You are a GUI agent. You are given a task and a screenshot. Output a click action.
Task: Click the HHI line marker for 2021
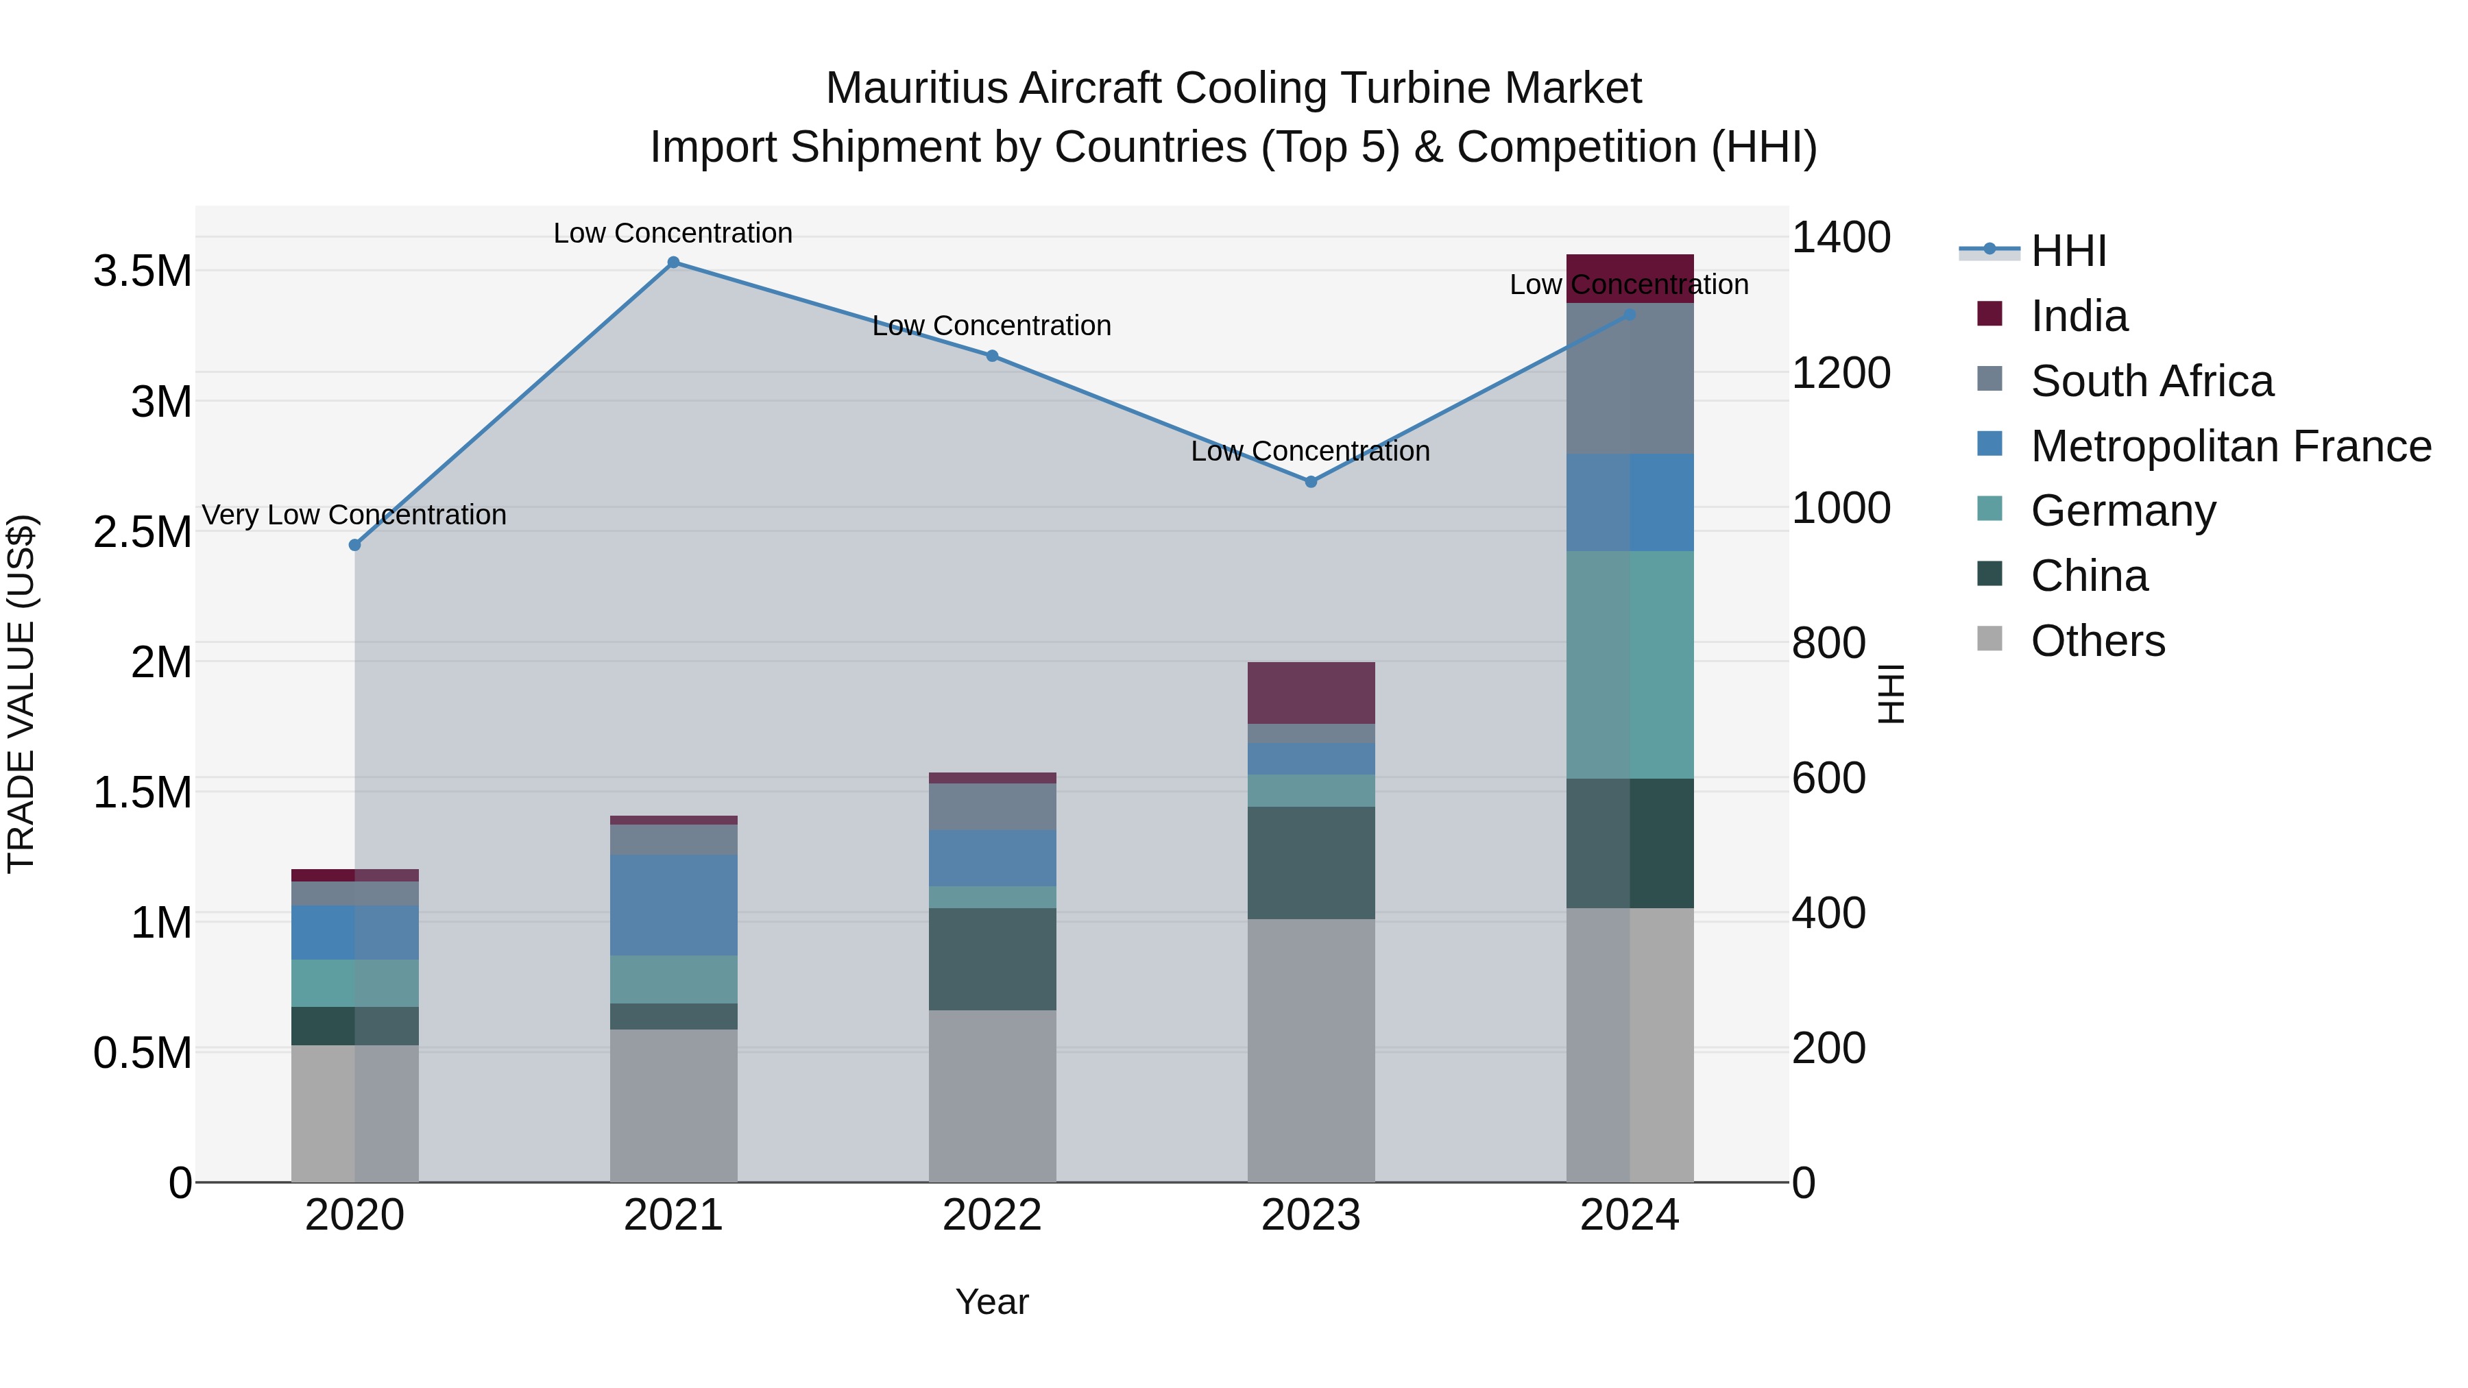tap(673, 263)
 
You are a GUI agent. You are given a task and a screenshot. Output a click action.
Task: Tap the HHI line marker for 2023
tap(1311, 482)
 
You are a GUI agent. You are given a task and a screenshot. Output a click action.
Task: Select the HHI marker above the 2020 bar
tap(354, 545)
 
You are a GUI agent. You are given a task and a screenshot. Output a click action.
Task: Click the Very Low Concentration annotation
tap(354, 515)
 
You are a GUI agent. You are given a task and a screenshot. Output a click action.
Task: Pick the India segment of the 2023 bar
tap(1311, 692)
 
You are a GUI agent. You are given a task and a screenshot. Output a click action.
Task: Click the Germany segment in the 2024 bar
tap(1629, 665)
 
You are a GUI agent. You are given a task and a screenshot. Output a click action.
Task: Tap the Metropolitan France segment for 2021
tap(673, 905)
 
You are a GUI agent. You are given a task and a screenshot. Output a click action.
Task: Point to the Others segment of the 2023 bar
tap(1311, 1051)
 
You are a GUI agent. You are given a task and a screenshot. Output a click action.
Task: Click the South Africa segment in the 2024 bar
tap(1629, 378)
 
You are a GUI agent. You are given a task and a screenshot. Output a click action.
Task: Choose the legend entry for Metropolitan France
tap(2229, 446)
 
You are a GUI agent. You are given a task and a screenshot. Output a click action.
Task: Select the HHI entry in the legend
tap(2068, 251)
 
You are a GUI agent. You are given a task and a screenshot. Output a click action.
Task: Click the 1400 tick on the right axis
tap(1841, 238)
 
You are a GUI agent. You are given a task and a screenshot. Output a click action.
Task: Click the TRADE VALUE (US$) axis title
tap(21, 694)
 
